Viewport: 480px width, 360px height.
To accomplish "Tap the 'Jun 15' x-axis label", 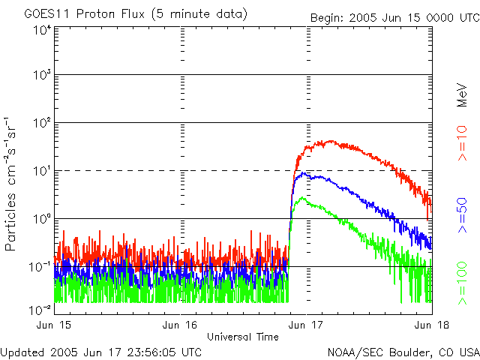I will (55, 324).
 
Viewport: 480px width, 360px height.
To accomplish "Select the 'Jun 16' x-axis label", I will (180, 324).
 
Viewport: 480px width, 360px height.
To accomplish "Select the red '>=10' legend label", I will (463, 143).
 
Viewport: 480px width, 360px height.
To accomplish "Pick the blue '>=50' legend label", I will (463, 217).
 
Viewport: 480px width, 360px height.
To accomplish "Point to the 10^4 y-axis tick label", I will (40, 30).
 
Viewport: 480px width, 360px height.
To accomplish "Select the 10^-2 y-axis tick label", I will (40, 310).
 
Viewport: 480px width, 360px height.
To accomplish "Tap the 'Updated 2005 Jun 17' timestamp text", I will (101, 351).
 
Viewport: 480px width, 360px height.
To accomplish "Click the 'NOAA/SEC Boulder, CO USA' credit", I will (403, 351).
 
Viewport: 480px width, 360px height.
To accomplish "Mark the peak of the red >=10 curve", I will (327, 140).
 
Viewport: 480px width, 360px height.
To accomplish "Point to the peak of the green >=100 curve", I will (301, 198).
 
